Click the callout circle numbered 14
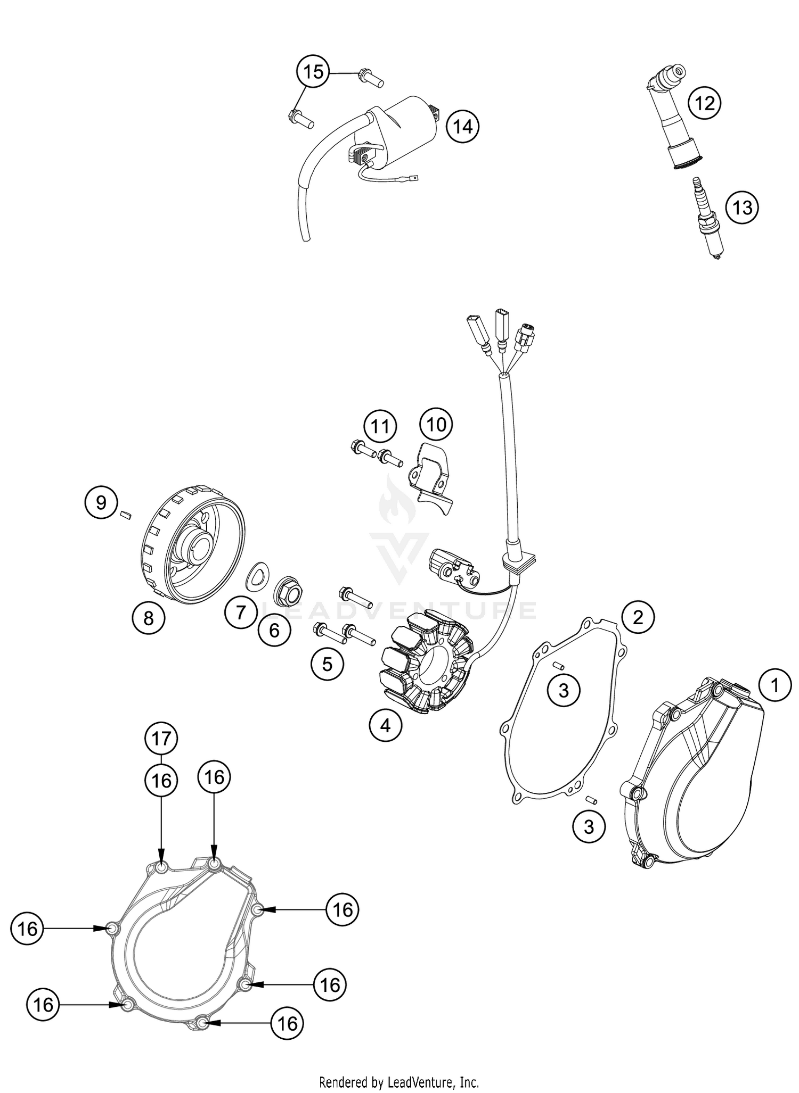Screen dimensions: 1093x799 [x=463, y=127]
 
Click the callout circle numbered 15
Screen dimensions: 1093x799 [x=313, y=71]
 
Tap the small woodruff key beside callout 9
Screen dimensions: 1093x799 [x=126, y=514]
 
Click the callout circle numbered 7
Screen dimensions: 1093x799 [x=241, y=612]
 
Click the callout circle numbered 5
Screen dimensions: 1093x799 [x=328, y=664]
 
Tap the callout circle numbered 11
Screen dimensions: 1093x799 [x=380, y=427]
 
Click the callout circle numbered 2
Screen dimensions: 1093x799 [x=637, y=617]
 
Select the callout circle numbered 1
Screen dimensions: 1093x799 [x=775, y=685]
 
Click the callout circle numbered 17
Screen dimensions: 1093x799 [x=161, y=739]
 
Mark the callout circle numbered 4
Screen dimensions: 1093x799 [x=386, y=725]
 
